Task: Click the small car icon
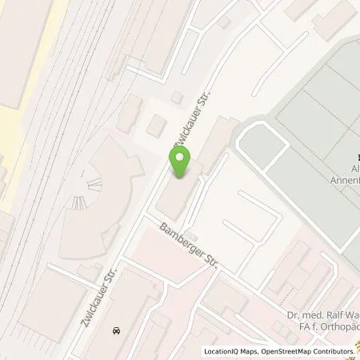117,330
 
